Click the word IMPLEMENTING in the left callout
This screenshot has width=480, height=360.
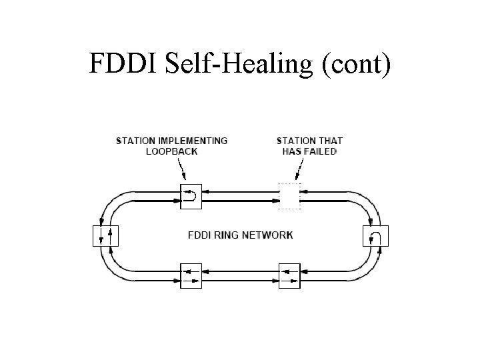click(x=193, y=141)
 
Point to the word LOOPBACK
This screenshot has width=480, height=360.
click(x=171, y=151)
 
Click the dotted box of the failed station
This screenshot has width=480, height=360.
click(x=289, y=196)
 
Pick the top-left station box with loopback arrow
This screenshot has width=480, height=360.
click(x=190, y=196)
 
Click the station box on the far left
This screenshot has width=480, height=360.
click(x=105, y=236)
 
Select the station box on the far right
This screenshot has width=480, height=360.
click(x=374, y=236)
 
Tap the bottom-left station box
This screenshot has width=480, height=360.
click(x=190, y=275)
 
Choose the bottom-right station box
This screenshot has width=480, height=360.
click(x=289, y=275)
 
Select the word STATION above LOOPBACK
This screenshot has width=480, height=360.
click(x=137, y=141)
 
